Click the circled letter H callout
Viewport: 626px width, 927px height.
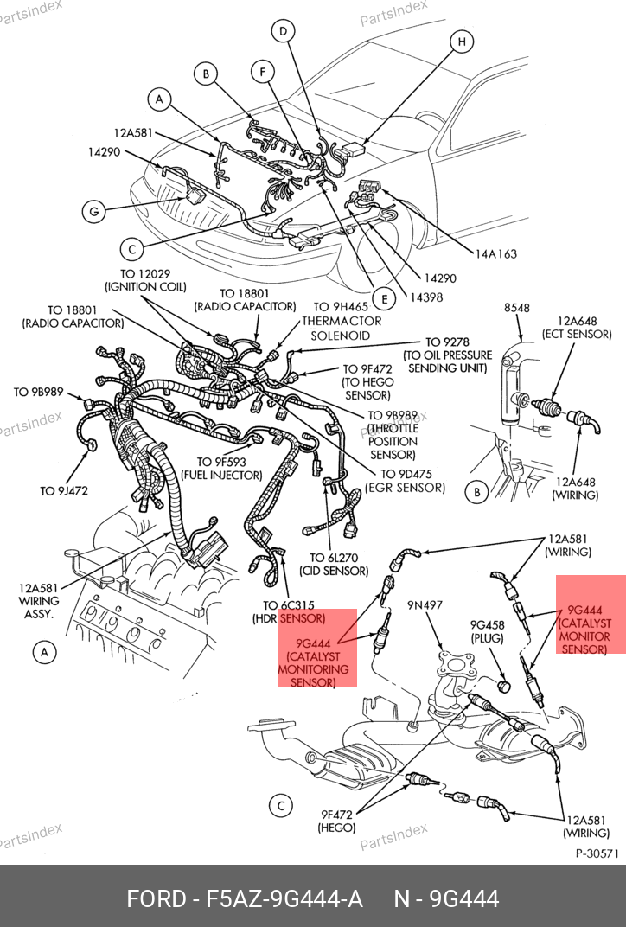(x=461, y=42)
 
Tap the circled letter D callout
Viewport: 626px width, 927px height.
(x=282, y=32)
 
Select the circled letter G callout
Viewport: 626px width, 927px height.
(x=93, y=210)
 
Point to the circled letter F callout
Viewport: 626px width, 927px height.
(x=263, y=71)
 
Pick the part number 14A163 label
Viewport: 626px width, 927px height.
(x=495, y=253)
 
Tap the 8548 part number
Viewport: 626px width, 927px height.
(x=517, y=307)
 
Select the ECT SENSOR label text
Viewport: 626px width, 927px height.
(x=577, y=334)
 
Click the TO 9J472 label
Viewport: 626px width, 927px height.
(x=64, y=490)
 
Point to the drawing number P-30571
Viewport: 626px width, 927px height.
(x=597, y=853)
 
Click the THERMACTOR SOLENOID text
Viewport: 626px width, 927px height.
(x=341, y=328)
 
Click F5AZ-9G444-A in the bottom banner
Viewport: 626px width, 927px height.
(x=245, y=898)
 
